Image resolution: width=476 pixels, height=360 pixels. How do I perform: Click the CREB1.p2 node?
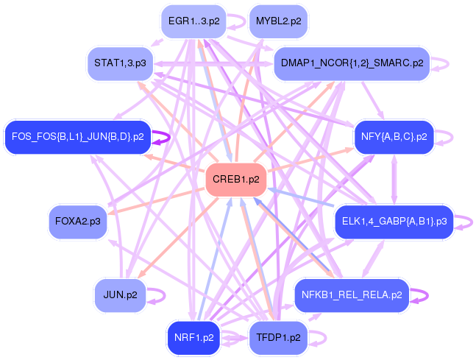pos(235,180)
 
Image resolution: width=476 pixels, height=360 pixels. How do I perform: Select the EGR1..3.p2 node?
pos(193,21)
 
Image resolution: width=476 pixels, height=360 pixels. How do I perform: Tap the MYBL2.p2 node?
pos(278,21)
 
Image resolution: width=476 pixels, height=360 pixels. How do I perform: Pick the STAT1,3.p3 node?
pos(120,64)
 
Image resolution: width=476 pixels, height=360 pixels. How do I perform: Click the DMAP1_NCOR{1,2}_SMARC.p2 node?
pos(352,63)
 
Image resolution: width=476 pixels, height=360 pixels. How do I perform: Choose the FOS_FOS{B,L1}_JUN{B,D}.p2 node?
pos(77,136)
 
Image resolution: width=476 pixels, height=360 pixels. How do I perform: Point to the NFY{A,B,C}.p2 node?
pos(394,136)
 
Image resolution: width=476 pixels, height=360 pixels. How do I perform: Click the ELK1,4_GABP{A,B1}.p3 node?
pos(394,220)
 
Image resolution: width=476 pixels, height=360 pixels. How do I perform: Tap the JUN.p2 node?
pos(121,295)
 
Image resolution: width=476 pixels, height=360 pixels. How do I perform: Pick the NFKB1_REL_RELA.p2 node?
pos(352,295)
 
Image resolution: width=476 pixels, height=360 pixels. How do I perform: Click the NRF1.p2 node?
pos(193,338)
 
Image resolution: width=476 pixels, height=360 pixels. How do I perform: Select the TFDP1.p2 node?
pos(278,338)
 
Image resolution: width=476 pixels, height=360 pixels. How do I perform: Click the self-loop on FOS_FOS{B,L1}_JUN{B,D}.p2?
pos(170,136)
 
